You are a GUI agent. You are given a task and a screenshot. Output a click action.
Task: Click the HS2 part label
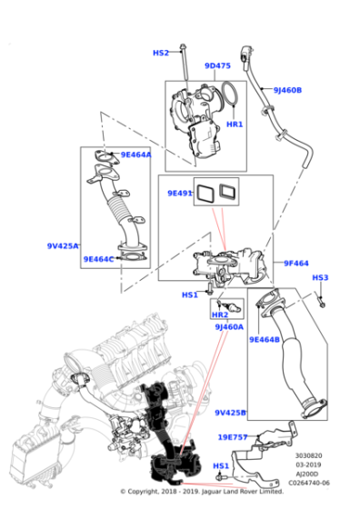tap(161, 54)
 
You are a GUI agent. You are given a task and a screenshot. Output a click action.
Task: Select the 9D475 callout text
tap(217, 65)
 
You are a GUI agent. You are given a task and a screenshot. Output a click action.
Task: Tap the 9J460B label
tap(287, 90)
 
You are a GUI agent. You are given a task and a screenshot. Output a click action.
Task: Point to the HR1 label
tap(235, 125)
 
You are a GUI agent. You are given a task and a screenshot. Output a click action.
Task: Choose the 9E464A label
tap(136, 155)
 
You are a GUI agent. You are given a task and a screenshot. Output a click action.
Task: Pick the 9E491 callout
tap(180, 193)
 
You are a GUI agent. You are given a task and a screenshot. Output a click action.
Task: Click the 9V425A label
tap(64, 246)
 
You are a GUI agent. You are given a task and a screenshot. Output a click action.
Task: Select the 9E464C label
tap(99, 259)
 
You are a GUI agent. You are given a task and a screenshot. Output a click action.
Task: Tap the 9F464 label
tap(296, 264)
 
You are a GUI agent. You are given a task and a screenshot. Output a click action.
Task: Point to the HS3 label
tap(320, 278)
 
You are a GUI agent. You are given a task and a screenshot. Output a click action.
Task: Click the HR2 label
tap(220, 314)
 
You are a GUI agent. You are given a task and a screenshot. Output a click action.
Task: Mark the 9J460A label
tap(230, 326)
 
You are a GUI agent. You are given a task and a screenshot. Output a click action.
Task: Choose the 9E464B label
tap(264, 339)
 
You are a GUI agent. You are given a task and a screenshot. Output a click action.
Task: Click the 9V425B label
tap(231, 413)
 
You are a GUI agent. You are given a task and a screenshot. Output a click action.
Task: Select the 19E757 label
tap(233, 436)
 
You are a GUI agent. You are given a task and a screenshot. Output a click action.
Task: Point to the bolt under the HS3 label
tap(324, 294)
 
